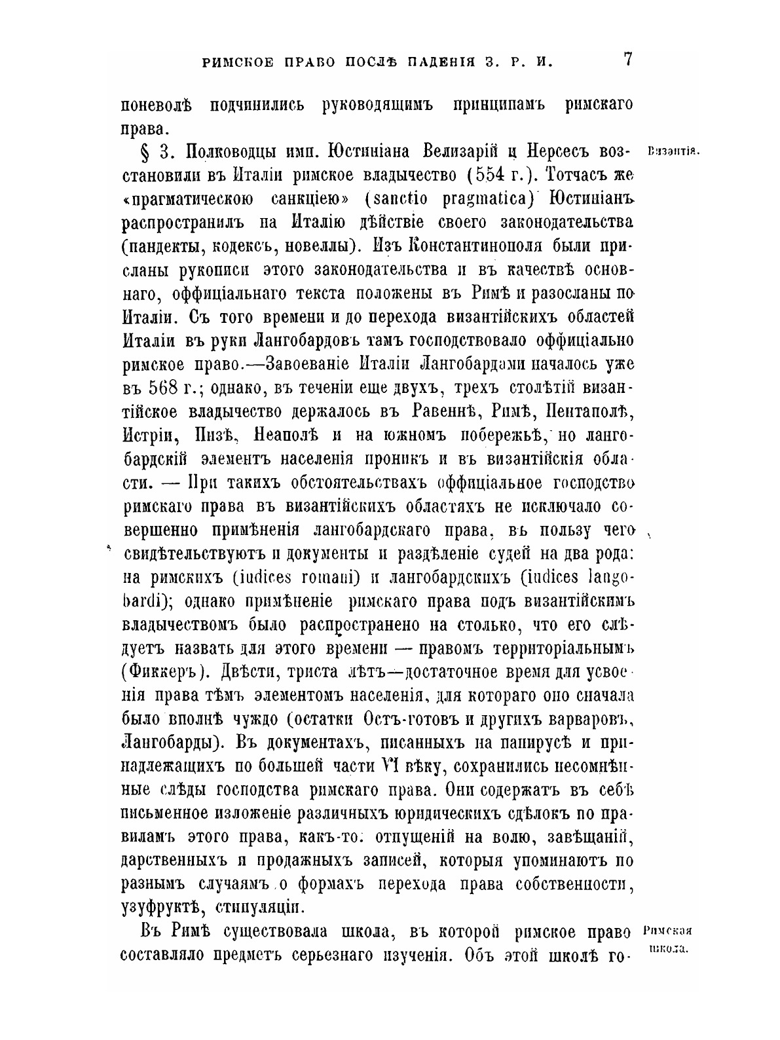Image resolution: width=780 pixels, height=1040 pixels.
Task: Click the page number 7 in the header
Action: pyautogui.click(x=627, y=60)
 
